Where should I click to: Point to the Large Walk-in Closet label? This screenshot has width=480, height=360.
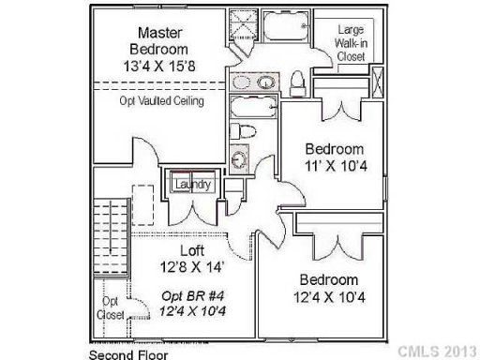point(352,43)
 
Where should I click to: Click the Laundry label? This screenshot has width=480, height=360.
point(190,186)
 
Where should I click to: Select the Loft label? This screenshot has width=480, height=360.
point(192,250)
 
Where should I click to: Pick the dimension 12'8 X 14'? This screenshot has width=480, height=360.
point(191,266)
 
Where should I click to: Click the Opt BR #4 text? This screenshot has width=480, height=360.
point(191,294)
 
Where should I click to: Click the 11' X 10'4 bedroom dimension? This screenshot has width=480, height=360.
point(335,165)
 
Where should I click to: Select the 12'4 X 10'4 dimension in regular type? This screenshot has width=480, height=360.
point(328,297)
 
